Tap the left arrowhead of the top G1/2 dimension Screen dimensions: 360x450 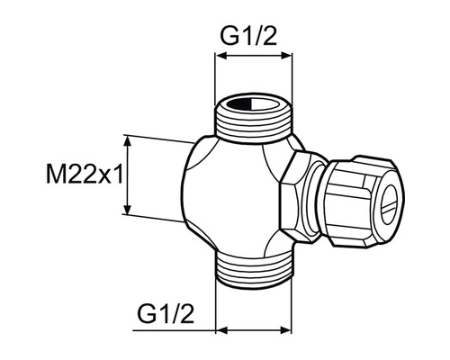click(219, 57)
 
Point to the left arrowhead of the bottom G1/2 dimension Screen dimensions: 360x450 click(219, 328)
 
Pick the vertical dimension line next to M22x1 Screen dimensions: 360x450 click(129, 175)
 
